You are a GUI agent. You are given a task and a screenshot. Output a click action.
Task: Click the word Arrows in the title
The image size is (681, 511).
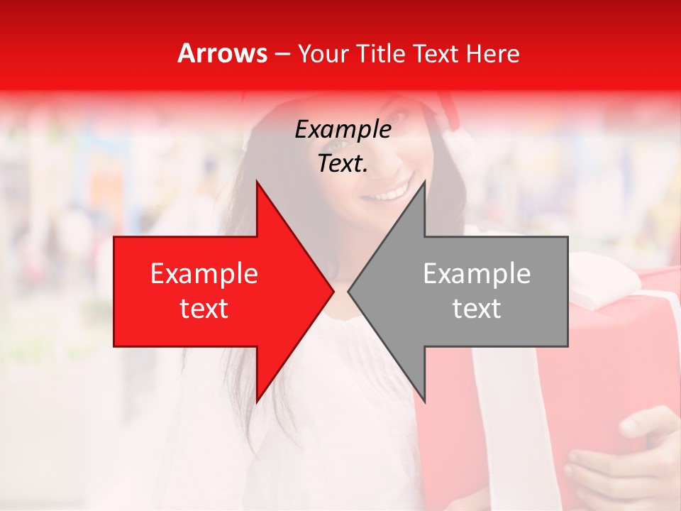(x=223, y=53)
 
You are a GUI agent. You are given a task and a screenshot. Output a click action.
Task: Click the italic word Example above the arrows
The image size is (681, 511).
(x=343, y=130)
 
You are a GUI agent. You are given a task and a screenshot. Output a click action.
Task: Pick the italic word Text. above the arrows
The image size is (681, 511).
(x=343, y=164)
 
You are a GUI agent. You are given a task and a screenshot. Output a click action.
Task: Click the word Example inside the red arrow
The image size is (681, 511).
(x=204, y=274)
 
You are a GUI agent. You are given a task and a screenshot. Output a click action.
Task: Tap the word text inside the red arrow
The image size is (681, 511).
(x=204, y=309)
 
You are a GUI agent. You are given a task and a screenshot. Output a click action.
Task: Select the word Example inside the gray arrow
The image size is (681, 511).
(x=477, y=274)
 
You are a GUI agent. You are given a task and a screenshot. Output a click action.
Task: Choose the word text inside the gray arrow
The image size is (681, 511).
(x=477, y=309)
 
